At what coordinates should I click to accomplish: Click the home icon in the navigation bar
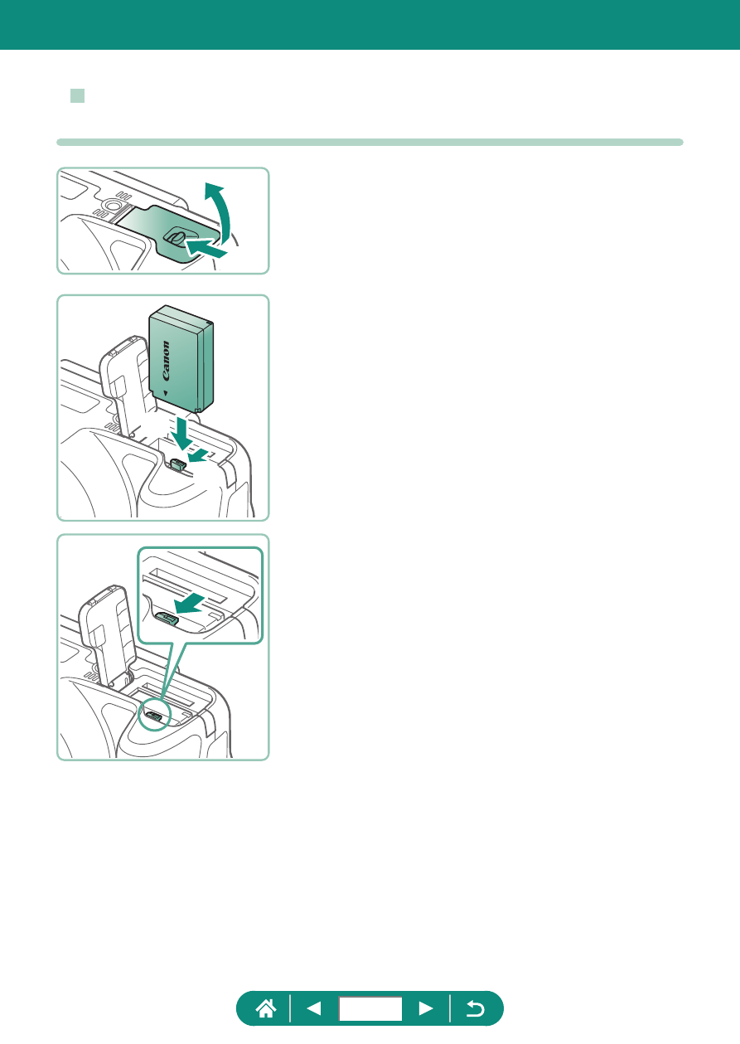pyautogui.click(x=266, y=1008)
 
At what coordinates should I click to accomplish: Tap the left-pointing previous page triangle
pyautogui.click(x=314, y=1008)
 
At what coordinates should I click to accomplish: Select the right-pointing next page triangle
pyautogui.click(x=426, y=1008)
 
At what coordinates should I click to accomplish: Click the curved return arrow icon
pyautogui.click(x=476, y=1008)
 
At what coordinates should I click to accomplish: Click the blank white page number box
pyautogui.click(x=370, y=1008)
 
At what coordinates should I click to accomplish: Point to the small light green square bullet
pyautogui.click(x=77, y=95)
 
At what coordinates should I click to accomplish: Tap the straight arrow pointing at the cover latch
pyautogui.click(x=206, y=247)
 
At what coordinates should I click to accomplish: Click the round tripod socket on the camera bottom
pyautogui.click(x=112, y=205)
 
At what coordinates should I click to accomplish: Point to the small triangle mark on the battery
pyautogui.click(x=166, y=393)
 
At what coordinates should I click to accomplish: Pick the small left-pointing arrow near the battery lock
pyautogui.click(x=198, y=455)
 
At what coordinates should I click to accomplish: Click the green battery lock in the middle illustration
pyautogui.click(x=178, y=464)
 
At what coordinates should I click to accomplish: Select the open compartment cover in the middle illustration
pyautogui.click(x=125, y=387)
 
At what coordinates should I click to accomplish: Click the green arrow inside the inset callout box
pyautogui.click(x=189, y=604)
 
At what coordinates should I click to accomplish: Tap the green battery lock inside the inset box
pyautogui.click(x=167, y=619)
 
